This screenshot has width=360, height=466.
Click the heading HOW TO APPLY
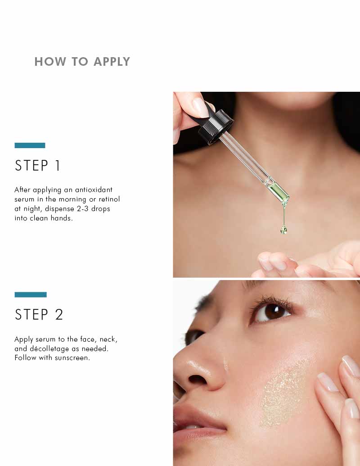(82, 62)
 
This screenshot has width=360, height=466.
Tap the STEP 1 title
(38, 166)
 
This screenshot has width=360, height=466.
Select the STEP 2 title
(39, 315)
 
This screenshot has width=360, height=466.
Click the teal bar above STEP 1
(30, 145)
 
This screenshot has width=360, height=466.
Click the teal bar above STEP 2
(31, 294)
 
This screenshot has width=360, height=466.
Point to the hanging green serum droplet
(283, 230)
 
